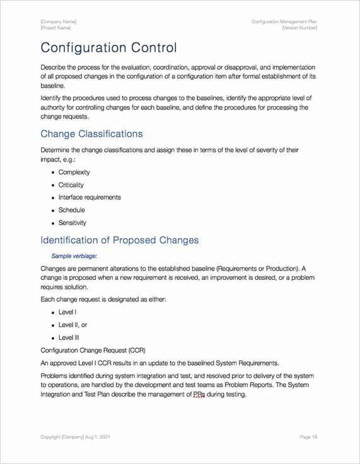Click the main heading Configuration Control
(108, 48)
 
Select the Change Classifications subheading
(91, 134)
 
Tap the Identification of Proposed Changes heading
(119, 240)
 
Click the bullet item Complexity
(74, 172)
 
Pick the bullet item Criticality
(71, 185)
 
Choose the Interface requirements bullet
(90, 197)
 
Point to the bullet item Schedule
(71, 210)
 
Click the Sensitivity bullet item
(73, 223)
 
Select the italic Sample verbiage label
(74, 256)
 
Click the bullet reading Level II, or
(73, 325)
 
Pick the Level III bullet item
(69, 337)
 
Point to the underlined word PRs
(198, 395)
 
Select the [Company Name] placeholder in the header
(58, 22)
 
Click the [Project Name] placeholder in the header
(55, 28)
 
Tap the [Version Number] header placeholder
(299, 28)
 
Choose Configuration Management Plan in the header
(284, 22)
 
